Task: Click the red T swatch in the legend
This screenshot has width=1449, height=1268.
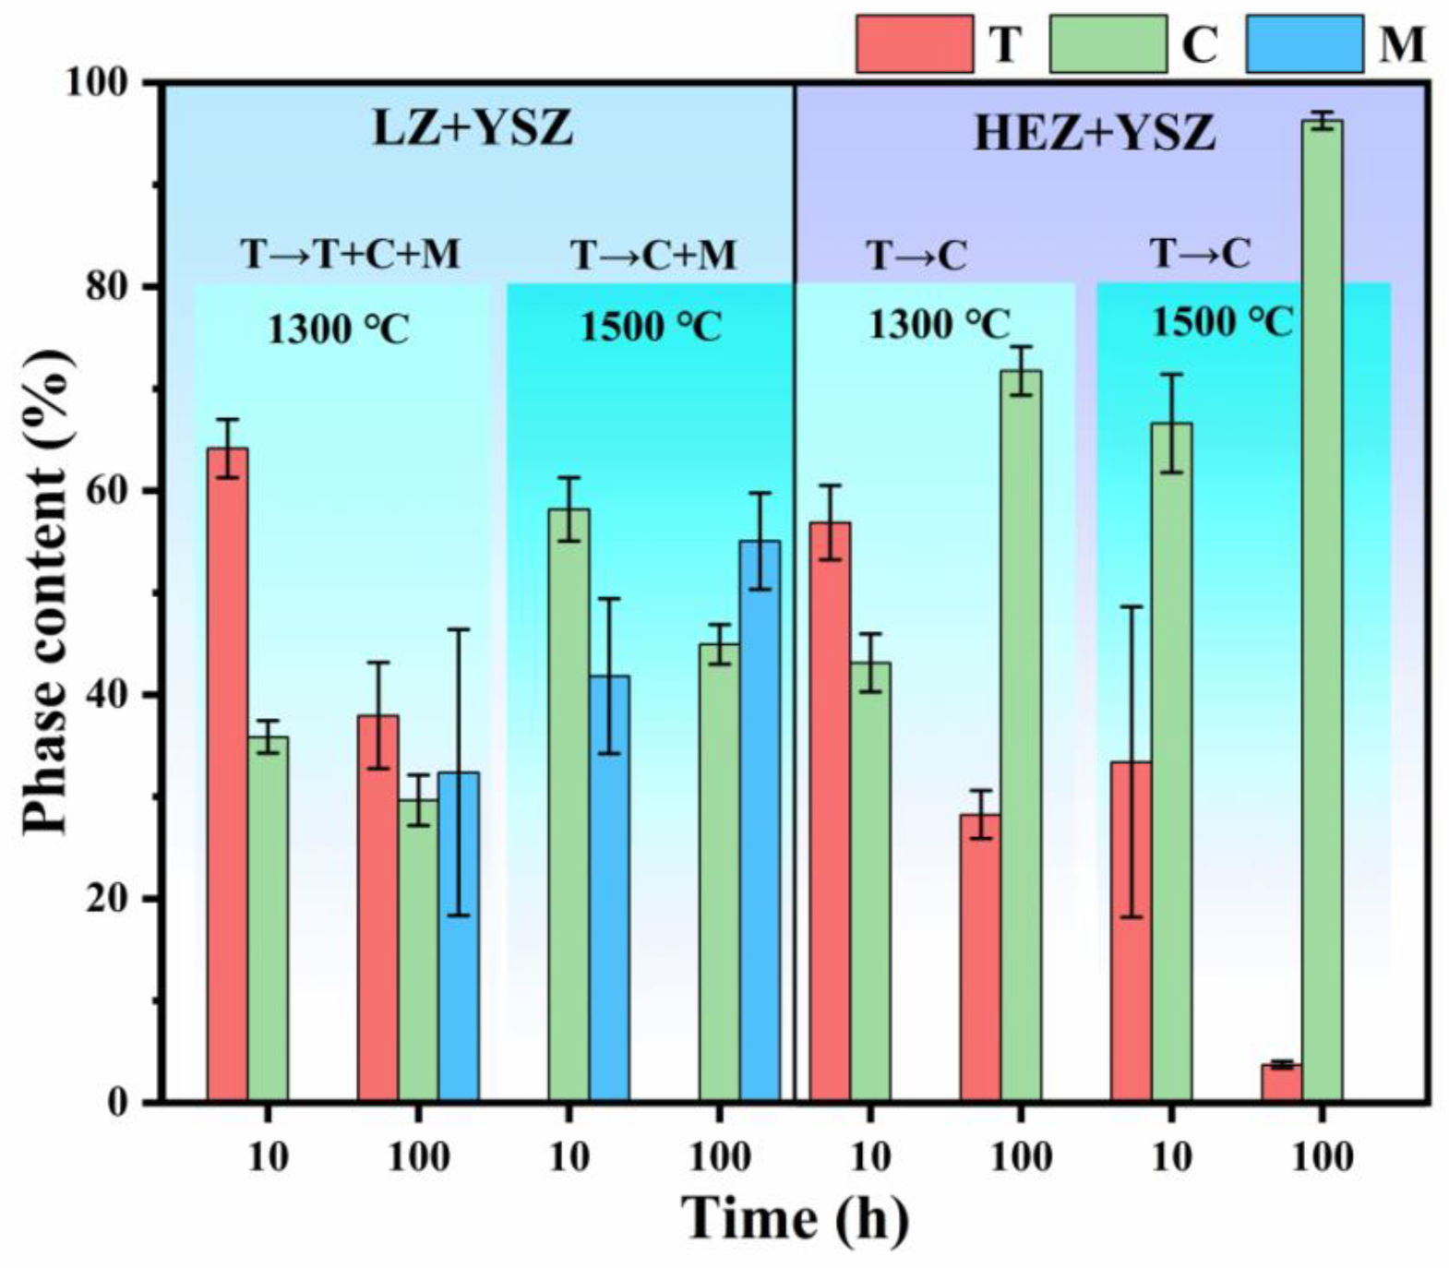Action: tap(914, 43)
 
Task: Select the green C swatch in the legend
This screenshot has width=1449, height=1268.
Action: tap(1108, 43)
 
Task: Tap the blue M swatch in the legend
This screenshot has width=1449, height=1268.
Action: tap(1303, 43)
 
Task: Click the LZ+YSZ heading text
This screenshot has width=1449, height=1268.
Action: tap(473, 128)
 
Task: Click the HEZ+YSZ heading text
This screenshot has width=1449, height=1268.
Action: tap(1095, 133)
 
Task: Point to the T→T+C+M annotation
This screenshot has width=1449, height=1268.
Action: tap(351, 253)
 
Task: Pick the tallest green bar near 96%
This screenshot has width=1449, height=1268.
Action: tap(1322, 609)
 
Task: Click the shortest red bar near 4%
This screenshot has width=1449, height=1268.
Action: tap(1281, 1083)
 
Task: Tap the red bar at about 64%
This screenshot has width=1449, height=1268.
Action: tap(227, 775)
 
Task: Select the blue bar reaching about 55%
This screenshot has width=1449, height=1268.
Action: tap(759, 821)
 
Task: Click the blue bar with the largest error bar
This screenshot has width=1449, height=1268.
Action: tap(458, 937)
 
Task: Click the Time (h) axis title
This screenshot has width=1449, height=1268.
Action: tap(796, 1218)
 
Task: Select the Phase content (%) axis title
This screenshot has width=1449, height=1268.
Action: tap(46, 591)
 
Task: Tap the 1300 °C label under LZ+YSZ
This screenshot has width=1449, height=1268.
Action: tap(338, 328)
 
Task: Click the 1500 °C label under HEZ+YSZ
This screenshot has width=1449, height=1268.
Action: tap(1222, 322)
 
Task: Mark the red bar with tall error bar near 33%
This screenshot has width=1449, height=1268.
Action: tap(1131, 932)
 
